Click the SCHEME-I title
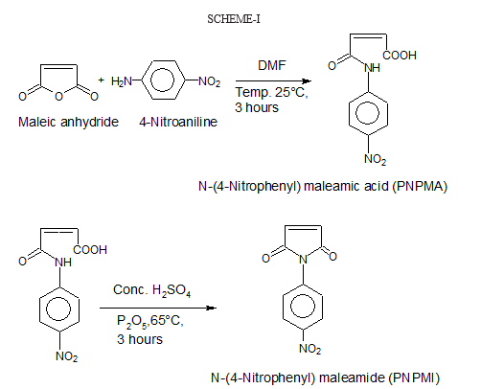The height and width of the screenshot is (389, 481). pyautogui.click(x=234, y=19)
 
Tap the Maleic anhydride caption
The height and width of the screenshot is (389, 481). pyautogui.click(x=68, y=122)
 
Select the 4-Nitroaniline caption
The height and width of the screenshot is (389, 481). pyautogui.click(x=178, y=122)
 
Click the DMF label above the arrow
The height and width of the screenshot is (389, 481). pyautogui.click(x=272, y=65)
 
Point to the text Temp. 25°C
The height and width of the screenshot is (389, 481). pyautogui.click(x=271, y=93)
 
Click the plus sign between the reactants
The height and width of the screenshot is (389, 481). pyautogui.click(x=101, y=80)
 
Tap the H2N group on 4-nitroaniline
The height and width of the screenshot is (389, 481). pyautogui.click(x=122, y=81)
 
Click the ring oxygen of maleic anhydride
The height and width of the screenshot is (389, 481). pyautogui.click(x=58, y=96)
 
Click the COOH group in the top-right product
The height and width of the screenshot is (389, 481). pyautogui.click(x=400, y=56)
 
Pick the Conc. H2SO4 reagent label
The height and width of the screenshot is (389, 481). pyautogui.click(x=152, y=290)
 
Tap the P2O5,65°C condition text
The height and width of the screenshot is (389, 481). pyautogui.click(x=150, y=321)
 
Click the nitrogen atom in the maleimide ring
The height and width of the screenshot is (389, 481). pyautogui.click(x=303, y=260)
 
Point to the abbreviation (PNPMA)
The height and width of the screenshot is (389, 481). pyautogui.click(x=420, y=186)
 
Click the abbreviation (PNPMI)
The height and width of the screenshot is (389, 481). pyautogui.click(x=414, y=378)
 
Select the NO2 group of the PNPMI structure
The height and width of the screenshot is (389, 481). pyautogui.click(x=309, y=349)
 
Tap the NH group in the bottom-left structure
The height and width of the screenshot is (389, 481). pyautogui.click(x=63, y=263)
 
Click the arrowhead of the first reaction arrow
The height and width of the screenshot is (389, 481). pyautogui.click(x=307, y=81)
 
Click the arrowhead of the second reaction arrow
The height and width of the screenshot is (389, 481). pyautogui.click(x=212, y=308)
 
